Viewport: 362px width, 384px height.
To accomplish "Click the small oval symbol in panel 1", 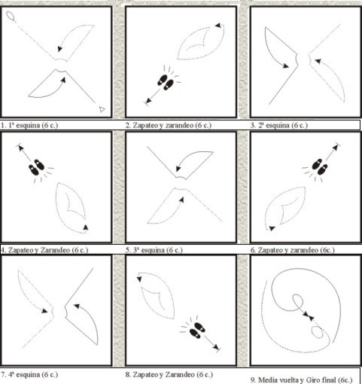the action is coord(11,16).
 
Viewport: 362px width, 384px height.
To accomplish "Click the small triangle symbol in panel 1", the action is coord(102,109).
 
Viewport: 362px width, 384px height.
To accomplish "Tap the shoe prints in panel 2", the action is coord(166,82).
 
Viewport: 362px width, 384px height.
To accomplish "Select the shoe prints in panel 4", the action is coord(37,166).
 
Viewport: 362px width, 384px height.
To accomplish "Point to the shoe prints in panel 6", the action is coord(320,166).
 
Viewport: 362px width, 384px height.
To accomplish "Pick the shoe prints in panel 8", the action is coord(197,330).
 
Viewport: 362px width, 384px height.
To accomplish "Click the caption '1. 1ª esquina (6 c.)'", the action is coord(29,125).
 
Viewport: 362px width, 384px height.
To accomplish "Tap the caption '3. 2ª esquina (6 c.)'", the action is coord(279,125).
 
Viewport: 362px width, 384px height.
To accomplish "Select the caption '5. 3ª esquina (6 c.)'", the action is coord(154,250).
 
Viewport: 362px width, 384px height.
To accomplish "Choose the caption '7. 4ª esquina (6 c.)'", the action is coord(29,374).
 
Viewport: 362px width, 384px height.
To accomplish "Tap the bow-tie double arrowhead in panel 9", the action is coord(309,316).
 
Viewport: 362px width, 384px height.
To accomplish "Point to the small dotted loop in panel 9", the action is coord(317,332).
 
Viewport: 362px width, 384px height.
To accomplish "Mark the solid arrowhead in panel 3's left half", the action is coord(286,66).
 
